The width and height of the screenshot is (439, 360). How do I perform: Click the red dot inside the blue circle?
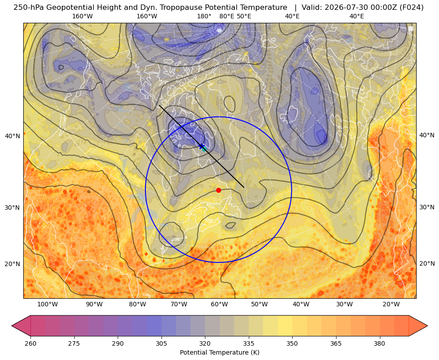click(219, 190)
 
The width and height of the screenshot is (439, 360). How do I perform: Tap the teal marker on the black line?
click(204, 149)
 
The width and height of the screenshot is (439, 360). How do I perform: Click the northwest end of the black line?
click(159, 106)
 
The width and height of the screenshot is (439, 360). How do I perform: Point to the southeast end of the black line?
click(244, 187)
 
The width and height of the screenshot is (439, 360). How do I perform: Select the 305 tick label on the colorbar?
click(161, 343)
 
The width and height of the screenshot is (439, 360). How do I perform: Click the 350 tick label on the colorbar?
click(292, 343)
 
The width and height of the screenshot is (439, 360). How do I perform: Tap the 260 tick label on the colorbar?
click(30, 343)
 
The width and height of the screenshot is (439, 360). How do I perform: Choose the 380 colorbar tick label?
click(379, 343)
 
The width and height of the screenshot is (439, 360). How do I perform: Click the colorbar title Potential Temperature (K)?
click(219, 352)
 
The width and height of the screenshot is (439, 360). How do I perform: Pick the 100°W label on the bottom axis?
click(47, 305)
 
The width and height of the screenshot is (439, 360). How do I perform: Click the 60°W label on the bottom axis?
click(219, 305)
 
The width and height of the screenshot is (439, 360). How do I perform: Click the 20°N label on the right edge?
click(427, 263)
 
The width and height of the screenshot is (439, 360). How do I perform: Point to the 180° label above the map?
click(205, 16)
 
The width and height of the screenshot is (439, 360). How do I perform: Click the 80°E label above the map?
click(227, 16)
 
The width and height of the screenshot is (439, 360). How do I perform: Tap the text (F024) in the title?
click(412, 8)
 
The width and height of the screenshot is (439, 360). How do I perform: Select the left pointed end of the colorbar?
click(12, 326)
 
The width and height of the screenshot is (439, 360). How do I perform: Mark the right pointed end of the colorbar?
click(427, 326)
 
